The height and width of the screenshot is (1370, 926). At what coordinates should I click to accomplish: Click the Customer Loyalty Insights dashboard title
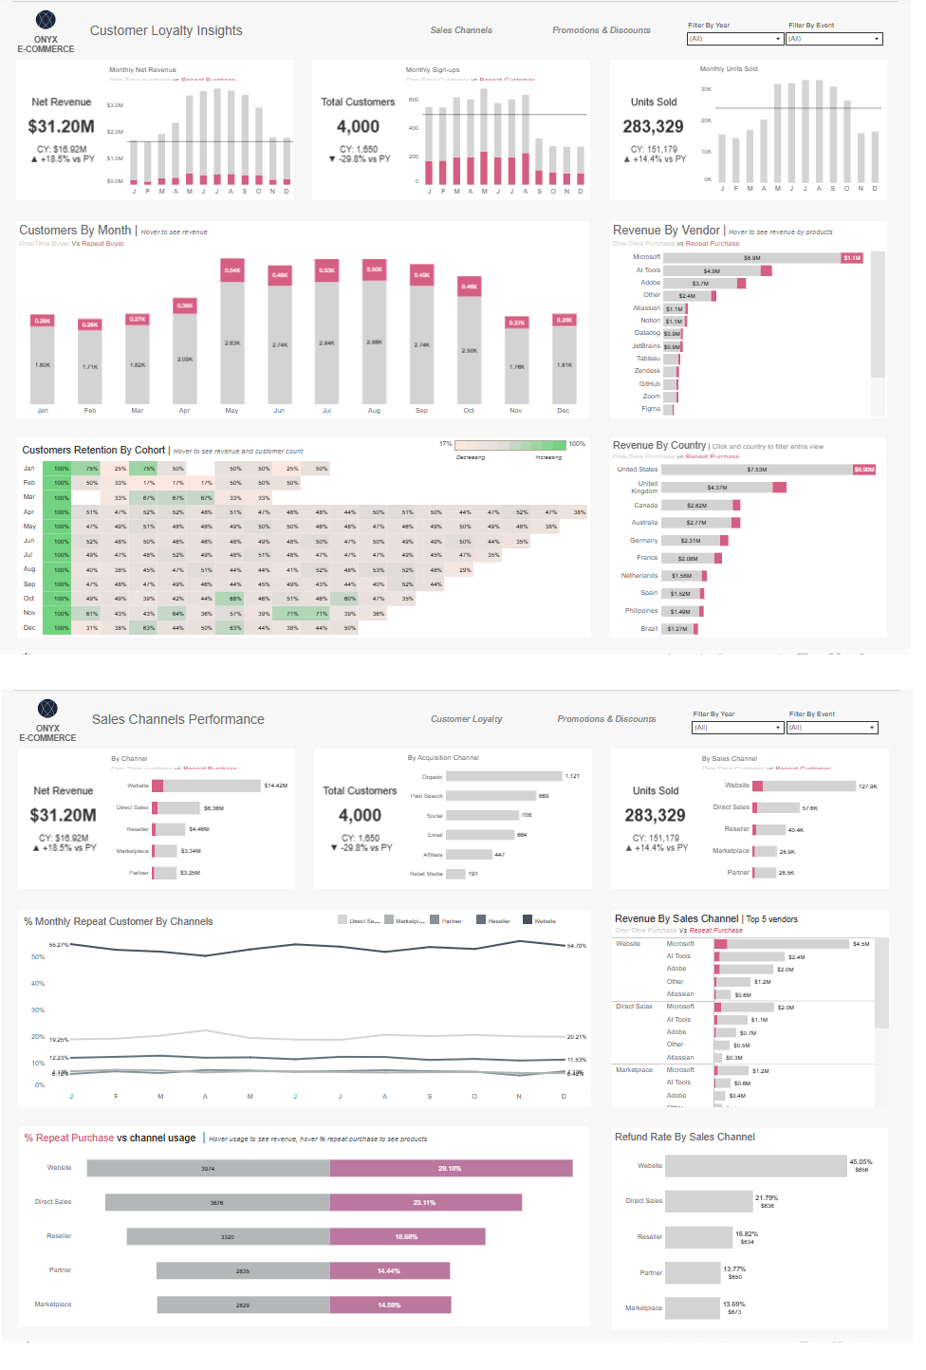click(166, 30)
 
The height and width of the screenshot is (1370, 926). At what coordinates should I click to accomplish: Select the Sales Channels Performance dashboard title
click(177, 719)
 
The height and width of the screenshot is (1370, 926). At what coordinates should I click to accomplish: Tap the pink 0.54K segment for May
click(232, 270)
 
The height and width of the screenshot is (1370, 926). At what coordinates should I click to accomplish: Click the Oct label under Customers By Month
click(469, 411)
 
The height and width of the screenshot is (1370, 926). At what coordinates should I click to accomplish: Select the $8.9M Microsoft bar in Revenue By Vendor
click(751, 257)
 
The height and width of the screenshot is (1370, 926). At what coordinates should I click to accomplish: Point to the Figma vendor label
click(650, 409)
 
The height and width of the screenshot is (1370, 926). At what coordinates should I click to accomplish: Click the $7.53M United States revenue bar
click(756, 470)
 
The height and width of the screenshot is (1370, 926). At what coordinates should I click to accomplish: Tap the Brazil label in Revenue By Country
click(649, 629)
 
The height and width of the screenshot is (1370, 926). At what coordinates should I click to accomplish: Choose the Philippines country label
click(641, 611)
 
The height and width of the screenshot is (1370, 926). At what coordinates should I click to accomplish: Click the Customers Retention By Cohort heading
click(93, 450)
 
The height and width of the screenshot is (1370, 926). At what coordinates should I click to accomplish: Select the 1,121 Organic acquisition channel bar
click(504, 776)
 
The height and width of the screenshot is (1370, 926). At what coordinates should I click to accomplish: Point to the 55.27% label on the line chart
click(59, 945)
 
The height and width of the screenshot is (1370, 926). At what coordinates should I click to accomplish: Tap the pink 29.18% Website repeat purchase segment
click(451, 1168)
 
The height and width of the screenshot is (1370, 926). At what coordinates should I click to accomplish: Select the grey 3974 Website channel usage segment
click(208, 1168)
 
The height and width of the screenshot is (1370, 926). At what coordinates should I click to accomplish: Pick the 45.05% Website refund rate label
click(861, 1161)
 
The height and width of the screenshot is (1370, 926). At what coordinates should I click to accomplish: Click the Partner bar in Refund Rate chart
click(693, 1272)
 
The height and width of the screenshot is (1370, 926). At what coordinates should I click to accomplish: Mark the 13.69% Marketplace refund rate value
click(733, 1304)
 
